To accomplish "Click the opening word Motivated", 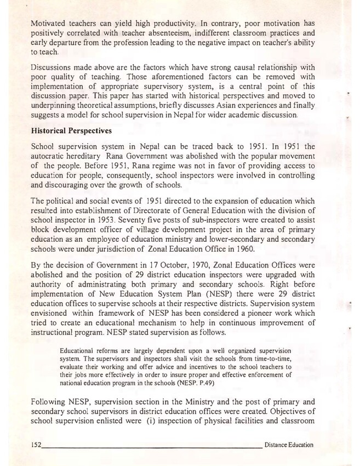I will pos(51,24).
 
